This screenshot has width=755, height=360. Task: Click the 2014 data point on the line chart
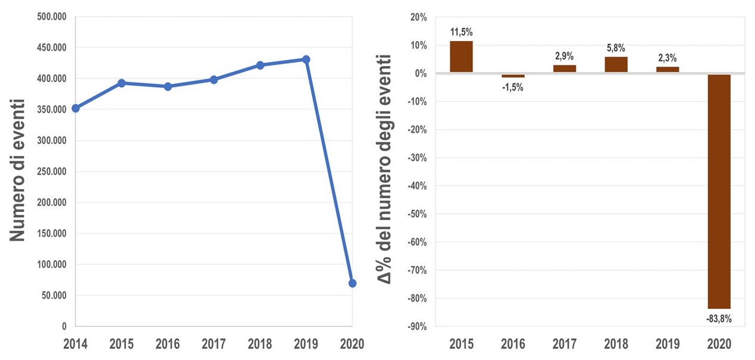pyautogui.click(x=76, y=108)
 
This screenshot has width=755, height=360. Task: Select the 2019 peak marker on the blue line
pyautogui.click(x=306, y=60)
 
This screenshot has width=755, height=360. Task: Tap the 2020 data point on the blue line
pyautogui.click(x=352, y=283)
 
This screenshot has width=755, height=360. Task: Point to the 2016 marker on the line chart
pyautogui.click(x=168, y=86)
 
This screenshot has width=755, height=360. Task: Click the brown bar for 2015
pyautogui.click(x=461, y=57)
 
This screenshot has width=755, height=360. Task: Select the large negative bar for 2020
pyautogui.click(x=719, y=190)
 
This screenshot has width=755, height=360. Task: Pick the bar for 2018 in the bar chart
pyautogui.click(x=616, y=64)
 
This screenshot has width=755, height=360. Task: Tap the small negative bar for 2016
pyautogui.click(x=513, y=76)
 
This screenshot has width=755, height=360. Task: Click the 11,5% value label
pyautogui.click(x=461, y=32)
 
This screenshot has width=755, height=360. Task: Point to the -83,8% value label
pyautogui.click(x=719, y=319)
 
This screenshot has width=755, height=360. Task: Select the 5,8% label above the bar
pyautogui.click(x=616, y=48)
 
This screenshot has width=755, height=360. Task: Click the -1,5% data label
pyautogui.click(x=513, y=87)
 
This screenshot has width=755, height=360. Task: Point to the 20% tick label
pyautogui.click(x=419, y=17)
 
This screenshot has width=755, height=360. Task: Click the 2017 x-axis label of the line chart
pyautogui.click(x=214, y=344)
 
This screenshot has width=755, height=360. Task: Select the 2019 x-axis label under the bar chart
pyautogui.click(x=667, y=344)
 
